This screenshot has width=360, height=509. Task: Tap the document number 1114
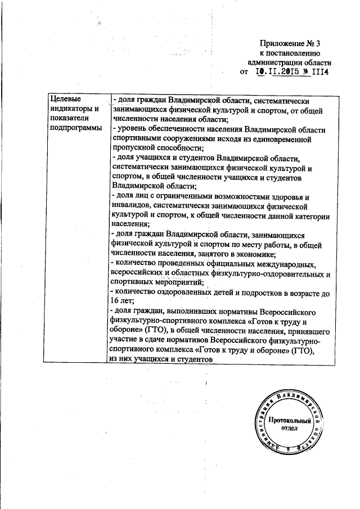point(319,72)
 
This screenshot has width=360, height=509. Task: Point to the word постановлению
point(296,52)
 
